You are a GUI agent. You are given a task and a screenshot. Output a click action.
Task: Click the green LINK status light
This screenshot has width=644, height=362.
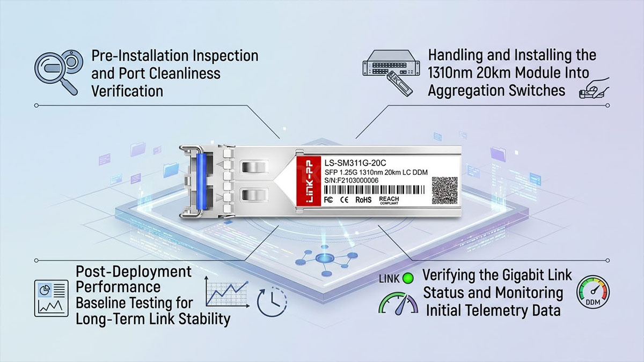(x=408, y=278)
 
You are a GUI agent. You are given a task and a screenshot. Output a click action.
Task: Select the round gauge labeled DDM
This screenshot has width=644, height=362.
(x=593, y=292)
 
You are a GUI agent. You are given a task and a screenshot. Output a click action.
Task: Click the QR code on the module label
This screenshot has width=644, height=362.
(x=444, y=190)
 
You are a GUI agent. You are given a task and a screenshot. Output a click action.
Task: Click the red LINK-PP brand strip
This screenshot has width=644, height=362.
(x=309, y=181)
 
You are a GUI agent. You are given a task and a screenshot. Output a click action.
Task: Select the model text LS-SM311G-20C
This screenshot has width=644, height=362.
(x=355, y=163)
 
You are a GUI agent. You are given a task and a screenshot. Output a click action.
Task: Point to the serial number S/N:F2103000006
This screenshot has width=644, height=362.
(x=352, y=180)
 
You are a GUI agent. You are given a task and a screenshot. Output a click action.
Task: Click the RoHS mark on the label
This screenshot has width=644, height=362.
(x=363, y=200)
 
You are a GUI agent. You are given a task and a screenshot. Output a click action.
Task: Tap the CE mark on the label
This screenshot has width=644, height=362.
(x=344, y=200)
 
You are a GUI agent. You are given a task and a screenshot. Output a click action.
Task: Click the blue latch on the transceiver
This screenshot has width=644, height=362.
(x=202, y=182)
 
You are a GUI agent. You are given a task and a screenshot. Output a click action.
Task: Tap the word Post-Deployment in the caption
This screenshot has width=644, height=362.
(x=134, y=272)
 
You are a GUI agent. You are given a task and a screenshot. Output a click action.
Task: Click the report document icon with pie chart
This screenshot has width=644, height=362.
(x=52, y=298)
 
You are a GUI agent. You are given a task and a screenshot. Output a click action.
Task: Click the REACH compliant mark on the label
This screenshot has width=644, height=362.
(x=389, y=200)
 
